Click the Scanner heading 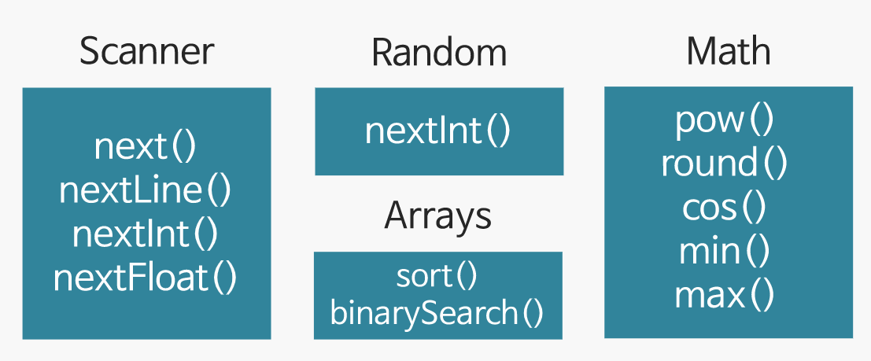pyautogui.click(x=146, y=52)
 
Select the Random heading pyautogui.click(x=439, y=53)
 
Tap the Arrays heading pyautogui.click(x=437, y=216)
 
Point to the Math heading pyautogui.click(x=728, y=52)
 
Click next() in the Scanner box pyautogui.click(x=145, y=147)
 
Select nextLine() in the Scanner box pyautogui.click(x=146, y=191)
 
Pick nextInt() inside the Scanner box pyautogui.click(x=146, y=234)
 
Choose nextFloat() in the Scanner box pyautogui.click(x=146, y=278)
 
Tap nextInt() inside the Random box pyautogui.click(x=438, y=131)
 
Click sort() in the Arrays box pyautogui.click(x=437, y=276)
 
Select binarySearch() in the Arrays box pyautogui.click(x=437, y=313)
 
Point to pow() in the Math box pyautogui.click(x=725, y=120)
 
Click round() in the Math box pyautogui.click(x=725, y=164)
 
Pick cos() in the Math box pyautogui.click(x=725, y=208)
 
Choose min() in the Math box pyautogui.click(x=725, y=252)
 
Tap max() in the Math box pyautogui.click(x=725, y=295)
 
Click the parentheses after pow pyautogui.click(x=760, y=121)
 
